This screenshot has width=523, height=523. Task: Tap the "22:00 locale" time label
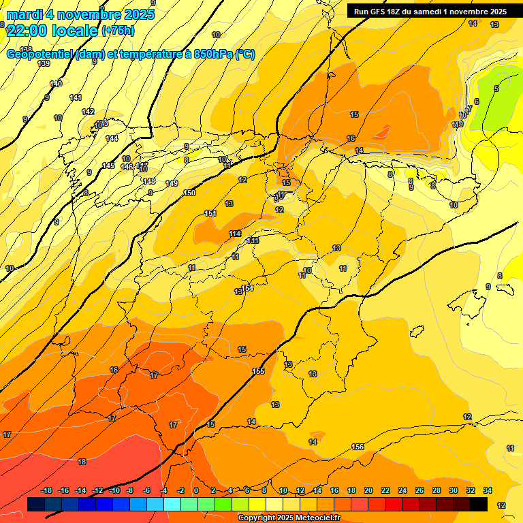52,30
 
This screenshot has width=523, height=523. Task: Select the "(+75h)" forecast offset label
118,31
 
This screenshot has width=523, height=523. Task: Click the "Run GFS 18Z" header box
430,12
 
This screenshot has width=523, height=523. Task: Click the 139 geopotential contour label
44,63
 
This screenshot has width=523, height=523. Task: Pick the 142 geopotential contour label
88,112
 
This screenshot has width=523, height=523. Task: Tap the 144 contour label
112,138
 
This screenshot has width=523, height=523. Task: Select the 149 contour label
172,184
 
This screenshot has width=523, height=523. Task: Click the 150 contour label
189,193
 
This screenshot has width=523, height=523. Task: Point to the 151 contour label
210,214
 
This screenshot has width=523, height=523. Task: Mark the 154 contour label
248,289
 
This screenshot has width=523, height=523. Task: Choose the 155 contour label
258,371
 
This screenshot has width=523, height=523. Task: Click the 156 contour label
358,447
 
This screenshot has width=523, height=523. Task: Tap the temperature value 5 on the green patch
496,89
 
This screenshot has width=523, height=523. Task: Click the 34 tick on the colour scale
487,490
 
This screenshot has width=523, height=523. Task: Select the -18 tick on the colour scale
47,490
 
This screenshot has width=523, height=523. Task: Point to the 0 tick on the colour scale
196,490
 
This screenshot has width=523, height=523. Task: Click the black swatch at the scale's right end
479,504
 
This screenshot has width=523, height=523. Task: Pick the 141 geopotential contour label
76,98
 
